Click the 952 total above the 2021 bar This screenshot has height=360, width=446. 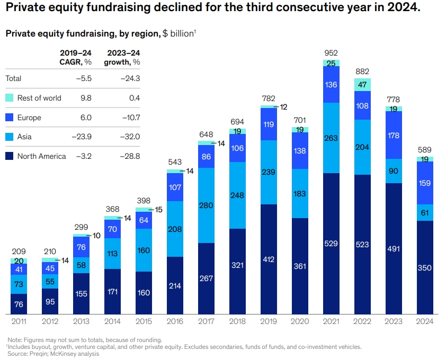click(331, 53)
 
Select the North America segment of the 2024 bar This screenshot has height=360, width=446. click(425, 267)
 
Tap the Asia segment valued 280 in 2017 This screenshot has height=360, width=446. click(206, 205)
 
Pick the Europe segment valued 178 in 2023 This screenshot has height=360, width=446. click(394, 135)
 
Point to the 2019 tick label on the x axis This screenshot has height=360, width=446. click(269, 321)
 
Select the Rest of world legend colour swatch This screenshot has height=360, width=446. click(9, 98)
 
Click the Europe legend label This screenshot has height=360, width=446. click(29, 118)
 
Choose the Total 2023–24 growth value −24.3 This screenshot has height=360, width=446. click(129, 78)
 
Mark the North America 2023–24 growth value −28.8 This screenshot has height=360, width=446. click(129, 156)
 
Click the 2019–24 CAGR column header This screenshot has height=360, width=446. click(76, 57)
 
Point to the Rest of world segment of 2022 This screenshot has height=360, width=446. click(362, 85)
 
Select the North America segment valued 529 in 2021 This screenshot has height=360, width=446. click(331, 244)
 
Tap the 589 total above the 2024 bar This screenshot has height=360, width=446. click(425, 150)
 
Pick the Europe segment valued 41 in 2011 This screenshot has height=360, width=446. click(19, 269)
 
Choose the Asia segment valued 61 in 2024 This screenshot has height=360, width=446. click(425, 212)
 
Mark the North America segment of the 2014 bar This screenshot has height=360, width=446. click(112, 291)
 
